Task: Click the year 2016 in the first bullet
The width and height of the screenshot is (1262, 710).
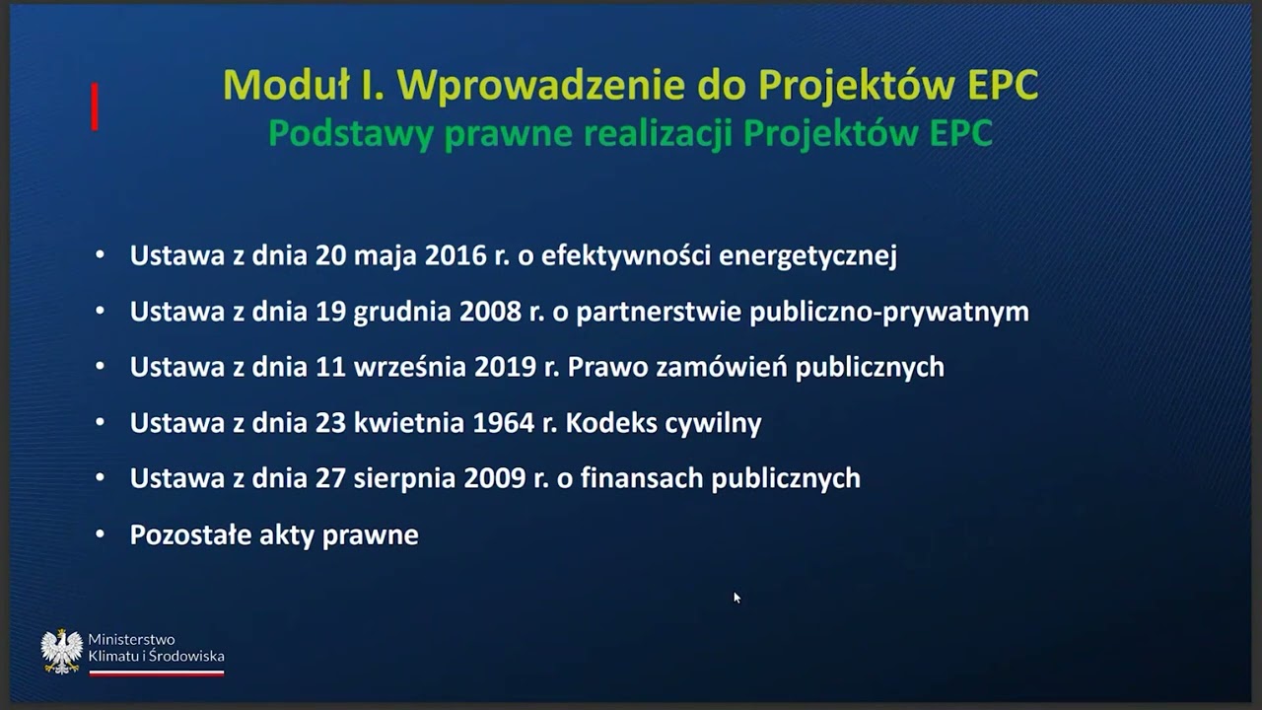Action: [x=456, y=256]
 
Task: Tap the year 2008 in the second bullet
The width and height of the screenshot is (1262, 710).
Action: [x=490, y=313]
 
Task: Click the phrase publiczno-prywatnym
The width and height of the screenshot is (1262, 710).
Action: [x=889, y=313]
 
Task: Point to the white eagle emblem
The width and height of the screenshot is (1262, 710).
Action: [x=61, y=651]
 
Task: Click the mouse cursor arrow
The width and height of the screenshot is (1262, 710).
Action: [x=736, y=598]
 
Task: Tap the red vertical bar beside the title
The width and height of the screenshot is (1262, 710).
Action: [x=95, y=106]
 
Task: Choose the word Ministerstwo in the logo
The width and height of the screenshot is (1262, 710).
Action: [x=131, y=640]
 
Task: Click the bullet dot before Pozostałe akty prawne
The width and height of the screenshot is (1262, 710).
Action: [x=100, y=534]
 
